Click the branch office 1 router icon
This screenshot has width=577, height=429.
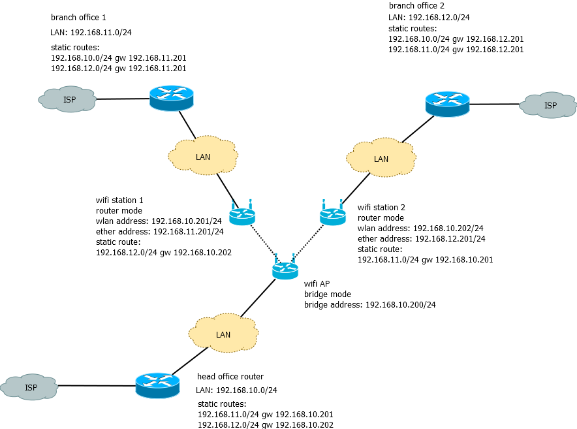172,98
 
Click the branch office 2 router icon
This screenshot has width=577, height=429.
447,104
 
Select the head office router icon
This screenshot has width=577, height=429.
157,385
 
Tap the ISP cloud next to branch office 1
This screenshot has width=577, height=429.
68,99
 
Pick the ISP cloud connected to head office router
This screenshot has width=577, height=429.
29,387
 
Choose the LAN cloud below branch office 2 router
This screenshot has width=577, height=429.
381,159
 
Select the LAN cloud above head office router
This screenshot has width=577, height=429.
223,334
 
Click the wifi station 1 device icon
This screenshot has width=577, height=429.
242,215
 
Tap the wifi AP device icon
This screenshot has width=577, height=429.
285,268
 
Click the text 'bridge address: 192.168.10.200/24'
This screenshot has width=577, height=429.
369,304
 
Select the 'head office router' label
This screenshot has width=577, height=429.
230,377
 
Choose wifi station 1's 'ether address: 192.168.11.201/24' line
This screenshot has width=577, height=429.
159,231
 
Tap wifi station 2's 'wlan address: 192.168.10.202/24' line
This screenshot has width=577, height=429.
420,229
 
